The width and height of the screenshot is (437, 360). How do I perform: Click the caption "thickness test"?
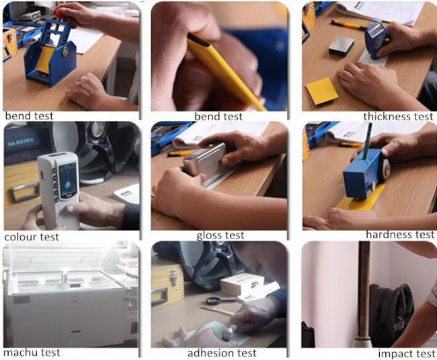click(x=398, y=117)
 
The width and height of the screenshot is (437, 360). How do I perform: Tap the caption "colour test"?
click(x=32, y=237)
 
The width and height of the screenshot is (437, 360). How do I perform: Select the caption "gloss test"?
click(x=220, y=236)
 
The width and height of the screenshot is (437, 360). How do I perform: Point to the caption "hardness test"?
click(x=400, y=234)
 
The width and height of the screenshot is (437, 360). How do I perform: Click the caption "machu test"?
click(x=32, y=353)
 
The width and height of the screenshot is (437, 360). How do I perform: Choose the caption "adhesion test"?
click(x=222, y=353)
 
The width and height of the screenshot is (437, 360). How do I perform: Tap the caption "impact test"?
click(x=406, y=354)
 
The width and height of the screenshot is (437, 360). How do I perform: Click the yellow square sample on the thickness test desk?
click(x=322, y=91)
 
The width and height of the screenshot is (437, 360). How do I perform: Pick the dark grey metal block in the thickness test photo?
click(x=341, y=46)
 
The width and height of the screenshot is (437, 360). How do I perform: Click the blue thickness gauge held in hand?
click(x=375, y=39)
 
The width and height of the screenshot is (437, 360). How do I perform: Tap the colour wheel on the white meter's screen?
click(x=67, y=185)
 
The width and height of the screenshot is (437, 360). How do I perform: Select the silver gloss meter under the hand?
click(x=205, y=161)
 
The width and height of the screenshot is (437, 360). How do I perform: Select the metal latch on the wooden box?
click(x=173, y=277)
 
